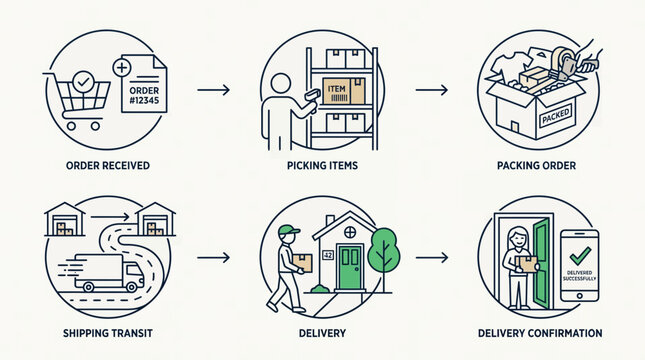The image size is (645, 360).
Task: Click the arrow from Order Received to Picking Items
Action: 214,91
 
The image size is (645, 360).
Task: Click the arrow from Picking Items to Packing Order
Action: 431,91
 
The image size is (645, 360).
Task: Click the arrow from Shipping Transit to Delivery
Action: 214,258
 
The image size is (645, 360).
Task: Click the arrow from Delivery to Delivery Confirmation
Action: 431,258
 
